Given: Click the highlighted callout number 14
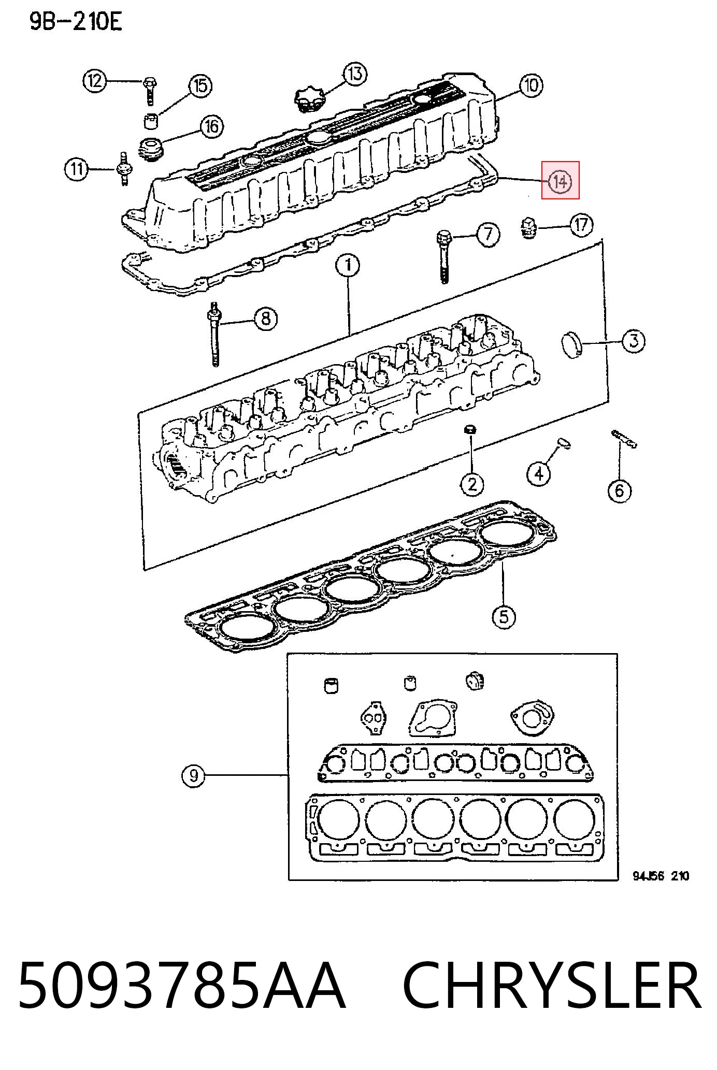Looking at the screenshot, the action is (560, 181).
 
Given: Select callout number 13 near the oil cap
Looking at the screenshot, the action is (355, 74).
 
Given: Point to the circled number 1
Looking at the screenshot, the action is (348, 265).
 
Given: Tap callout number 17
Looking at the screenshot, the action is (581, 225).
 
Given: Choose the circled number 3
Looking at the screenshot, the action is (633, 341).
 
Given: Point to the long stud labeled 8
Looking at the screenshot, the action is (213, 334).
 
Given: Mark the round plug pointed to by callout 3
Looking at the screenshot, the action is (572, 345).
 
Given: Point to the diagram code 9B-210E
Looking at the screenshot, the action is (75, 22).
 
